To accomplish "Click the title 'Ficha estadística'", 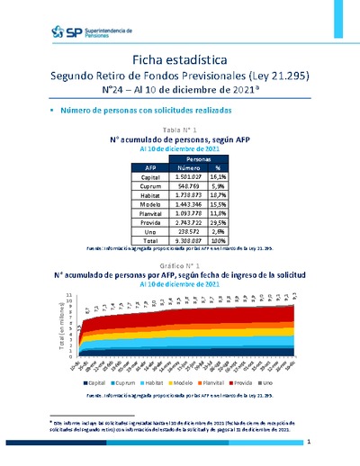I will click(179, 58).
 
